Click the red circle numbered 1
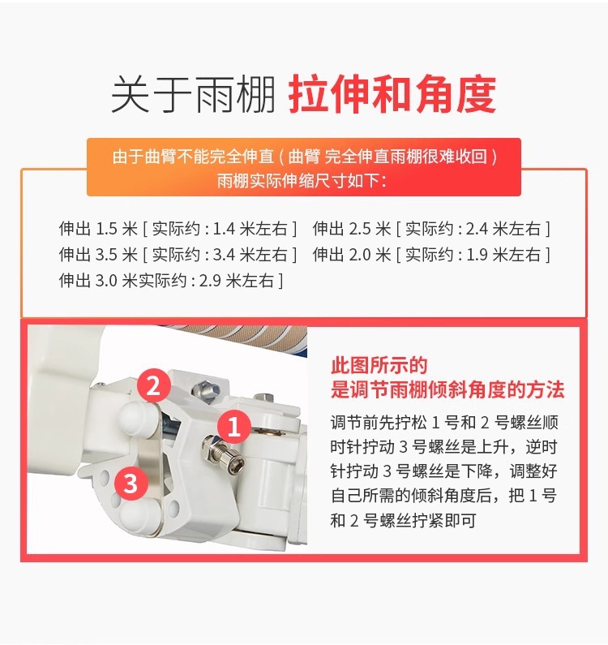click(234, 426)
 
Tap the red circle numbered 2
click(154, 385)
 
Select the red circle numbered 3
click(131, 483)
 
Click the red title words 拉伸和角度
click(392, 94)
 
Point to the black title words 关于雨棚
click(193, 94)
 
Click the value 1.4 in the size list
click(224, 229)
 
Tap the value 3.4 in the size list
click(224, 255)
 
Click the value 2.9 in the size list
click(211, 281)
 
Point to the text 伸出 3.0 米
click(98, 281)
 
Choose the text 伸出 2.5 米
click(352, 229)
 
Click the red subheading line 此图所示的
click(379, 365)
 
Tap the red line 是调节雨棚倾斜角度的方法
click(447, 389)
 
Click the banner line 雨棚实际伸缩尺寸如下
click(302, 180)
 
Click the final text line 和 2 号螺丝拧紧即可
click(403, 520)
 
